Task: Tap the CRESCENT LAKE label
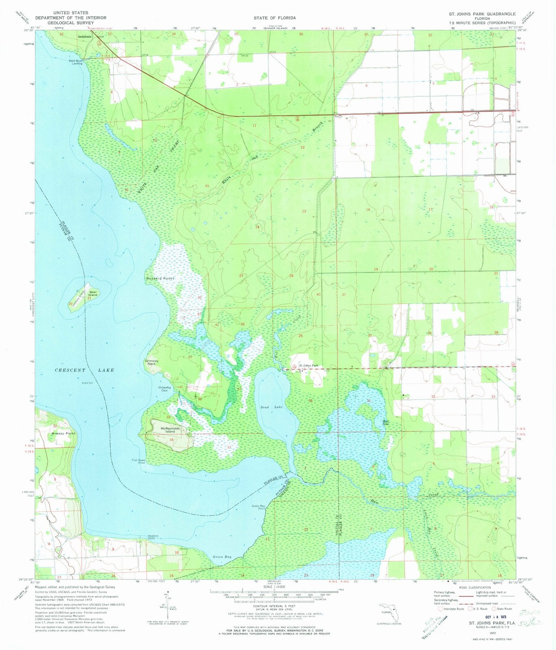[x=84, y=370]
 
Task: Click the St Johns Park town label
[x=312, y=365]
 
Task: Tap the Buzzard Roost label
[x=160, y=278]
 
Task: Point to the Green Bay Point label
[x=259, y=507]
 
